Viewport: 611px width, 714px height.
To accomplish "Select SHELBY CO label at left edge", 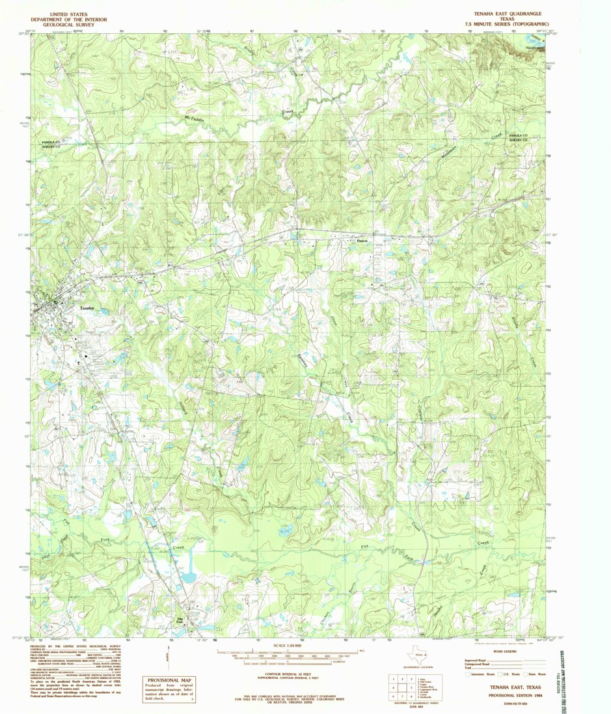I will [x=48, y=147].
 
